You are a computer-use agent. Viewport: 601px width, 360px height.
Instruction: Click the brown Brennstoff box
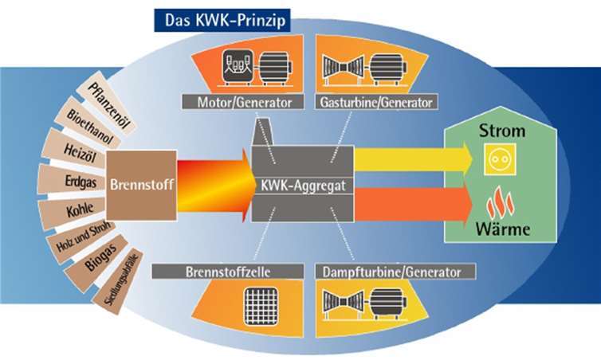coord(142,182)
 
